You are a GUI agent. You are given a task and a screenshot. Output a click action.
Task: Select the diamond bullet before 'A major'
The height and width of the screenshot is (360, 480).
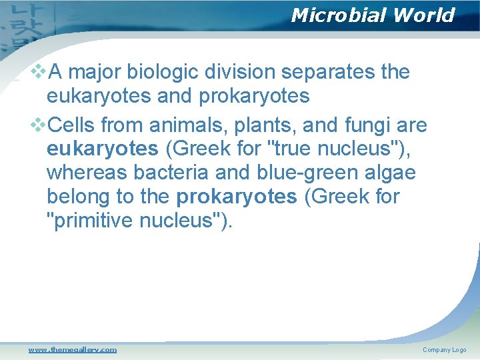39,71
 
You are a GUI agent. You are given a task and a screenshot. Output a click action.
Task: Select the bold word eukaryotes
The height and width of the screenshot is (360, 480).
102,148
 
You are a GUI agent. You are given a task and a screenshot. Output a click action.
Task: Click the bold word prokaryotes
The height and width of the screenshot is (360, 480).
237,197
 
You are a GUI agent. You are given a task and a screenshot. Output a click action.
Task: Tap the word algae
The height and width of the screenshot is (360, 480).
390,173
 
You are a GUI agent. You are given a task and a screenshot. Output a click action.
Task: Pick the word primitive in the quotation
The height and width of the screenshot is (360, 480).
94,221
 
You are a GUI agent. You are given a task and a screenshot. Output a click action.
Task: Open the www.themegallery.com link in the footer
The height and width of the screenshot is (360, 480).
72,349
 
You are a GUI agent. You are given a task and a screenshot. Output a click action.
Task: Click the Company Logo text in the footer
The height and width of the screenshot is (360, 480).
444,350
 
